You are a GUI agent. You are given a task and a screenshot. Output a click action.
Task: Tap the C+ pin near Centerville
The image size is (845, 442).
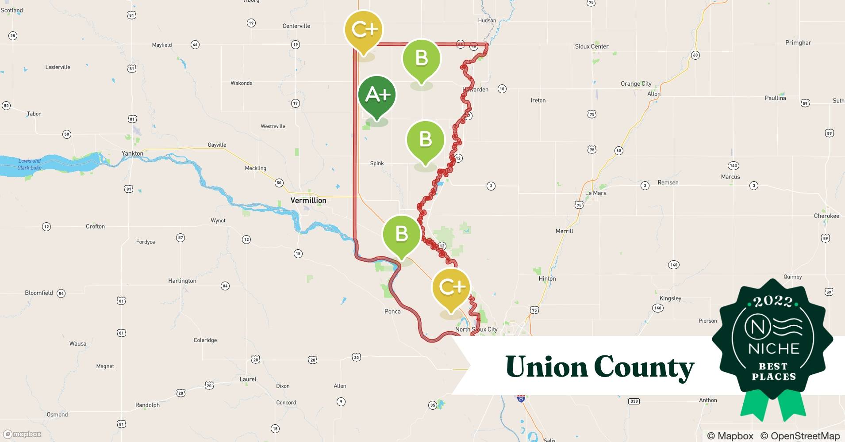click(364, 30)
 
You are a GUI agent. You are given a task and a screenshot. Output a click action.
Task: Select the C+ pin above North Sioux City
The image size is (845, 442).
click(451, 288)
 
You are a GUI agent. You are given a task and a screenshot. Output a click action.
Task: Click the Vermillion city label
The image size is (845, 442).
click(308, 201)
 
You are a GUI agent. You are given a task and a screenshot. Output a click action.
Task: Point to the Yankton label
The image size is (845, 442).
click(132, 153)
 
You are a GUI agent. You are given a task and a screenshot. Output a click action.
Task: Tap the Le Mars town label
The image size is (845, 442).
click(595, 193)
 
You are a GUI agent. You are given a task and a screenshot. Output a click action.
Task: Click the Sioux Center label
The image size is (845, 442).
click(591, 46)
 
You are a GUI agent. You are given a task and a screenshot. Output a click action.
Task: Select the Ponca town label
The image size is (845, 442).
click(392, 312)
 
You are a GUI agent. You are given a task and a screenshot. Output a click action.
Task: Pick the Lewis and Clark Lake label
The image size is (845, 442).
click(30, 164)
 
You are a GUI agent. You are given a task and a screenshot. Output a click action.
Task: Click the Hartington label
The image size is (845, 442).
click(182, 281)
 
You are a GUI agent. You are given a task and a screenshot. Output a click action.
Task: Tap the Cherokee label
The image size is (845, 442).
click(826, 216)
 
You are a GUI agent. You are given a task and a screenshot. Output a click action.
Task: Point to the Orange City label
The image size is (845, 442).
click(636, 84)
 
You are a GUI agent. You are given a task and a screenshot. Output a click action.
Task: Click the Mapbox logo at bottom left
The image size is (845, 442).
click(23, 434)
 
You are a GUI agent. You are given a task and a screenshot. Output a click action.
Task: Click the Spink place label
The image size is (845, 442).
click(377, 164)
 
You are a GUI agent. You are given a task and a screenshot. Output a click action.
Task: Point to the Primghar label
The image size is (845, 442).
click(798, 43)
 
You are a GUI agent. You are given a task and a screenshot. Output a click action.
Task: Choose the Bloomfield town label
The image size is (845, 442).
click(39, 293)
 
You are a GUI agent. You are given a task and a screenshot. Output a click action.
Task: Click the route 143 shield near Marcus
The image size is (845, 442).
click(733, 166)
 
